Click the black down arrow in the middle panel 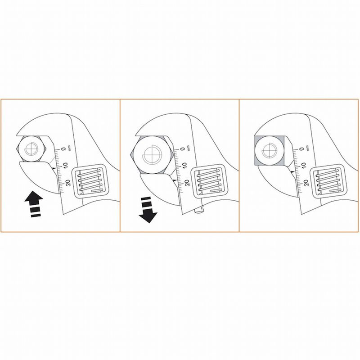pyautogui.click(x=148, y=210)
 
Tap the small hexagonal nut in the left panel pyautogui.click(x=31, y=148)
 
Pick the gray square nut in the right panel pyautogui.click(x=270, y=151)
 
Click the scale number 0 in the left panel pyautogui.click(x=63, y=148)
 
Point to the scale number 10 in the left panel pyautogui.click(x=66, y=166)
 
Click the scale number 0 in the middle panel pyautogui.click(x=183, y=149)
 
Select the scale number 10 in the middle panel pyautogui.click(x=185, y=166)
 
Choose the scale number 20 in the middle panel pyautogui.click(x=187, y=183)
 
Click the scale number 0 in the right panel pyautogui.click(x=302, y=149)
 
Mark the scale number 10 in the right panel pyautogui.click(x=304, y=166)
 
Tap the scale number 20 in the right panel pyautogui.click(x=306, y=183)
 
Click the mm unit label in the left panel pyautogui.click(x=70, y=148)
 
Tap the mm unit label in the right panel pyautogui.click(x=308, y=148)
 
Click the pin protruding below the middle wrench pyautogui.click(x=199, y=210)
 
